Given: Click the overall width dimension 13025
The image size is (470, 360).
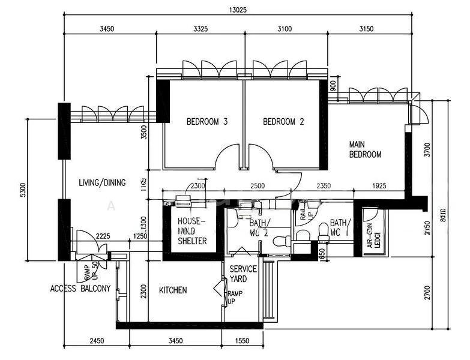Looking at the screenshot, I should pos(238,10).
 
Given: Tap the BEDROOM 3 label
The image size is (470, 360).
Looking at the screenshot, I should pos(206,122).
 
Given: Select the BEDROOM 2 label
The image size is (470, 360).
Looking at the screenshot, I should pos(283,122).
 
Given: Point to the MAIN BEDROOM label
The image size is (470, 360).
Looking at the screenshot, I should pos(366,149).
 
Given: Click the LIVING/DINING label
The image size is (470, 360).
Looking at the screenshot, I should pos(102,182).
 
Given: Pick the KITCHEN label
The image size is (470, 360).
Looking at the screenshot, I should pos(173,290).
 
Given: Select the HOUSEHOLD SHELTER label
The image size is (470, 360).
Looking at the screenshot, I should pos(192,231).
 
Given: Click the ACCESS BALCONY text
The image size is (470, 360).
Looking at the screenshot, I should pos(80,289).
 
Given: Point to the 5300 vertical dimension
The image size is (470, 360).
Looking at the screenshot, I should pos(23,189).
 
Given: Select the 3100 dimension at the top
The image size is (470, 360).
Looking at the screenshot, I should pos(285,29).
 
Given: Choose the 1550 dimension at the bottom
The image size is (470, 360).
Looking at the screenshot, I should pos(243,341).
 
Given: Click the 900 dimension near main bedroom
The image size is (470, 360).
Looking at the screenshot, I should pos(333,86).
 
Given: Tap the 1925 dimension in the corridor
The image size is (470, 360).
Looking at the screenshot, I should pos(378,186).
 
